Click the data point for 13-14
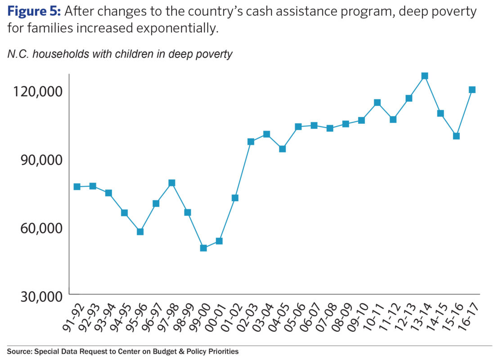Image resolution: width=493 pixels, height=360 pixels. pyautogui.click(x=425, y=76)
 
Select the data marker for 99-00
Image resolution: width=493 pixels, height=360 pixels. pyautogui.click(x=203, y=248)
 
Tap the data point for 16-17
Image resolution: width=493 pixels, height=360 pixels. pyautogui.click(x=472, y=90)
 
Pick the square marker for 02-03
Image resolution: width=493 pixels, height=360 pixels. pyautogui.click(x=251, y=142)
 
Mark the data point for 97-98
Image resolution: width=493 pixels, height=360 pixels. pyautogui.click(x=172, y=183)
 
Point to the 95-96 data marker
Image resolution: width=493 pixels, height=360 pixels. pyautogui.click(x=140, y=232)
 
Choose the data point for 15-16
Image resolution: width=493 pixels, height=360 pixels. pyautogui.click(x=456, y=136)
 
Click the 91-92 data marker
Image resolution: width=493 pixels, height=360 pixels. pyautogui.click(x=77, y=187)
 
